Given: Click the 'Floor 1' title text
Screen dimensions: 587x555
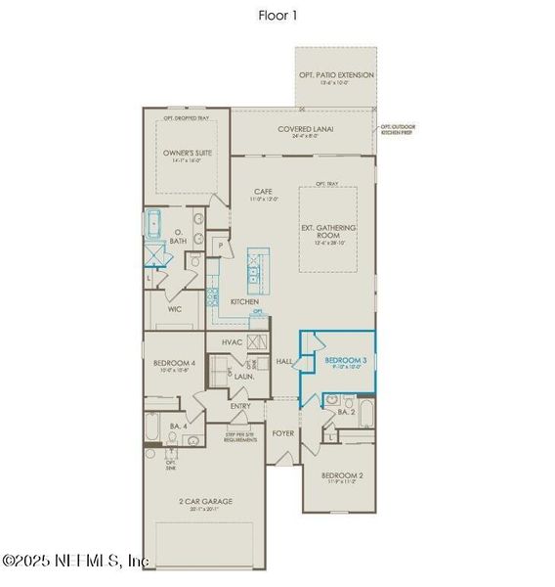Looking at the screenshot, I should point(277,15).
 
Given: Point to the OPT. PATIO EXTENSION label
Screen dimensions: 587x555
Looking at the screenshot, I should point(336,75).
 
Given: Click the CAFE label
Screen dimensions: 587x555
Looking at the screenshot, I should point(262,192).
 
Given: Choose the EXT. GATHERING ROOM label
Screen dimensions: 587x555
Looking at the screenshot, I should point(327,232).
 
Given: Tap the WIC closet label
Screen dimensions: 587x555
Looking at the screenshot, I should point(175,308).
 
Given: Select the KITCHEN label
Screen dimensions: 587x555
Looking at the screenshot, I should point(244,302).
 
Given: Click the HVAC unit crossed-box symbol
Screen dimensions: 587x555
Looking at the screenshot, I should point(258,342).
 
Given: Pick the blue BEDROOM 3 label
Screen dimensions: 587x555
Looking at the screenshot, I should point(346,361).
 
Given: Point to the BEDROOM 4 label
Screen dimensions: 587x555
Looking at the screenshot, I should point(172,363).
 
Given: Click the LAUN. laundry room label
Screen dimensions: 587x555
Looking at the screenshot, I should point(243,376).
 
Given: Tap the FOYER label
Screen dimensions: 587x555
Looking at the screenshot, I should point(282,431).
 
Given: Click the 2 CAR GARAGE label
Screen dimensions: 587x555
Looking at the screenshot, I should point(205,501).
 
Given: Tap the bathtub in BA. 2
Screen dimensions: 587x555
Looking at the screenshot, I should point(365,413).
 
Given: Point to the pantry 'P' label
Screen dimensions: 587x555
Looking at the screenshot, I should point(221,244).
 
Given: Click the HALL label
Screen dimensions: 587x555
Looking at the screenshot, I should point(284,361).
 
